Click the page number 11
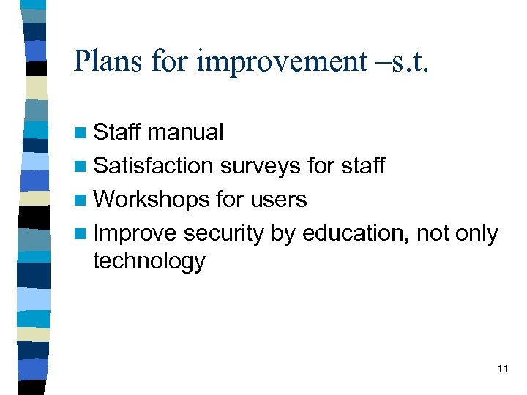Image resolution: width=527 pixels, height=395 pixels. pos(502,369)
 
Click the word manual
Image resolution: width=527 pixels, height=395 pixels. pos(185,132)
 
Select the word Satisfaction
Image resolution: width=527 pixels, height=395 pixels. pos(154,166)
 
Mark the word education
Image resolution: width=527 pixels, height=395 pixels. pos(356,233)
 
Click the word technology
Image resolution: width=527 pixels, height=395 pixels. pos(149,261)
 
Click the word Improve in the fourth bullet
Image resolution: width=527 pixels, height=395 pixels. pos(135,234)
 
